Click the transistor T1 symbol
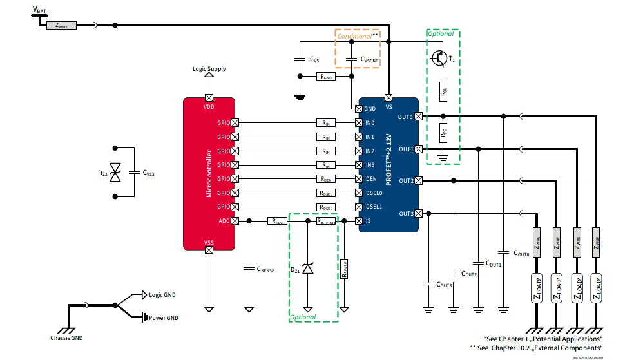coord(439,57)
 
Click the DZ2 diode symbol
coord(115,173)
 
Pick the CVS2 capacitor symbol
coord(133,173)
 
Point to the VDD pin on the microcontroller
coord(209,97)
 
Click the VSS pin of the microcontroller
coord(209,250)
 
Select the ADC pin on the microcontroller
coord(235,221)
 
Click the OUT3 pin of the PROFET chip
coord(419,213)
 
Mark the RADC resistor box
coord(278,221)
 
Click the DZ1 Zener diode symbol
coord(308,268)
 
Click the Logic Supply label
coord(209,69)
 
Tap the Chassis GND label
coord(66,338)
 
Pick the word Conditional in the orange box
coord(354,36)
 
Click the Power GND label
coord(164,317)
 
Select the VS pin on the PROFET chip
coord(389,97)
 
